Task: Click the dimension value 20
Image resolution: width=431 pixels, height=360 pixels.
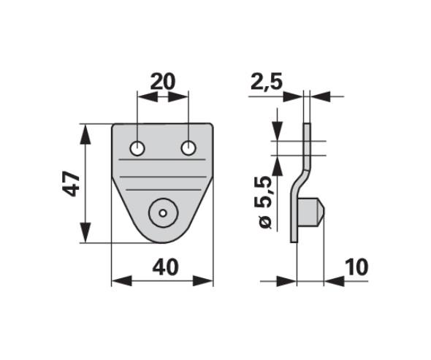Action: pyautogui.click(x=162, y=82)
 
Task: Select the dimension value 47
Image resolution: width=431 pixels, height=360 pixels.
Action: pyautogui.click(x=71, y=183)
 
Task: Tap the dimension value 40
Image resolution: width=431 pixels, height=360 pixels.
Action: pyautogui.click(x=165, y=267)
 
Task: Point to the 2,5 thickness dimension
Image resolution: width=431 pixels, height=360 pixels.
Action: pyautogui.click(x=267, y=83)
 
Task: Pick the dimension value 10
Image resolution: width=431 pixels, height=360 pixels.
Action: pyautogui.click(x=356, y=267)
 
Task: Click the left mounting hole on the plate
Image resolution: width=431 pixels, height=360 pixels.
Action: pyautogui.click(x=137, y=148)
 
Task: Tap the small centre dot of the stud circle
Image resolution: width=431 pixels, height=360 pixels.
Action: pyautogui.click(x=164, y=213)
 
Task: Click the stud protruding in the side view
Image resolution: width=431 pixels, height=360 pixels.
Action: pyautogui.click(x=311, y=212)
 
